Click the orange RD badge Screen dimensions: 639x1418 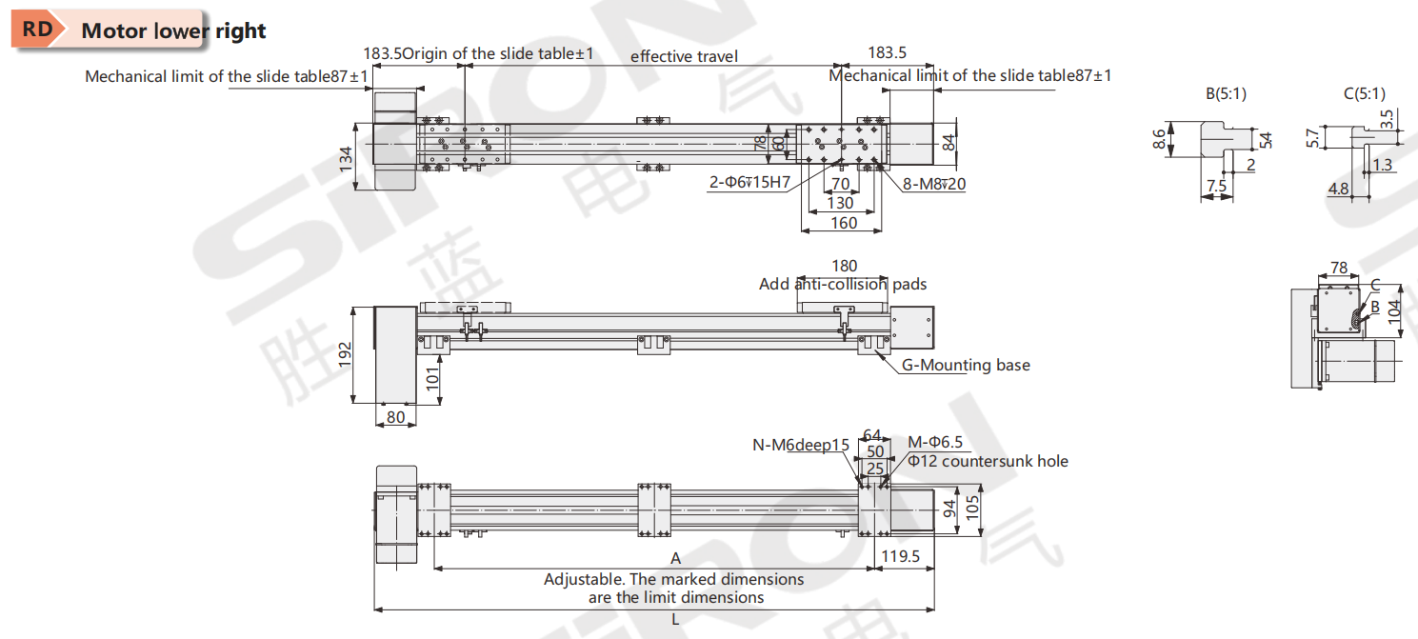pos(37,29)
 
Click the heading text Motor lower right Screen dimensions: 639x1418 pos(173,30)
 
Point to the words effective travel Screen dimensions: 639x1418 pos(684,56)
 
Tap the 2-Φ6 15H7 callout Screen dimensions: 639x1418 pos(749,183)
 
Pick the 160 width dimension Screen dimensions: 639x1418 pos(844,223)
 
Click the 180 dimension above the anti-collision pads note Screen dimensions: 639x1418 pos(844,266)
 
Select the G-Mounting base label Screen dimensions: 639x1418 pos(966,365)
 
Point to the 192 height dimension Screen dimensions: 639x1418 pos(346,353)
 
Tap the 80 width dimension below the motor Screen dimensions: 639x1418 pos(395,416)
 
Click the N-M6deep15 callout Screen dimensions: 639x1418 pos(800,445)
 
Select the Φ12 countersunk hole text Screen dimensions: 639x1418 pos(988,462)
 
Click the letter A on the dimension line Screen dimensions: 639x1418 pos(675,558)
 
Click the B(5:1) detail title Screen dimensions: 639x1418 pos(1226,93)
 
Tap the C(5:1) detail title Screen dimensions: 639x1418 pos(1364,93)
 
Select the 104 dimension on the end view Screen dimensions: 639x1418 pos(1395,310)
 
